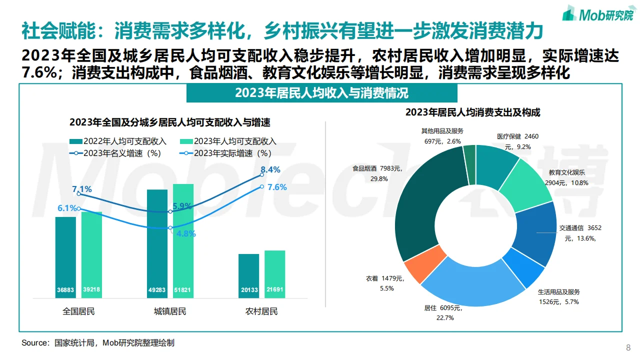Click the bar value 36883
tap(65, 290)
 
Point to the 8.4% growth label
tap(270, 169)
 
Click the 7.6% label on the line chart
tap(277, 187)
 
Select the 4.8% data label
tap(186, 233)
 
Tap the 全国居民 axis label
tap(78, 311)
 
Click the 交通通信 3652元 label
tap(580, 233)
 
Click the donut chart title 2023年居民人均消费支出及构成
tap(472, 112)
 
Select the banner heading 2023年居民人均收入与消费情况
tap(321, 93)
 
